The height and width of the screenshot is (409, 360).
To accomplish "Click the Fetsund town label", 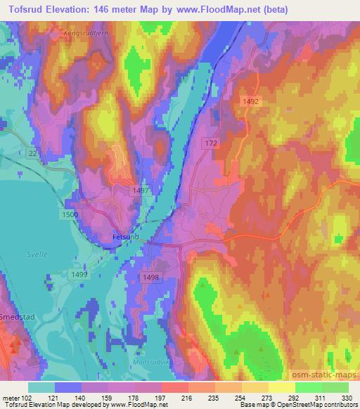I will pyautogui.click(x=125, y=238).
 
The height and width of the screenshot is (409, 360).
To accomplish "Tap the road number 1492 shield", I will pyautogui.click(x=252, y=101).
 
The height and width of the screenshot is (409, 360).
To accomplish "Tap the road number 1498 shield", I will pyautogui.click(x=150, y=278).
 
